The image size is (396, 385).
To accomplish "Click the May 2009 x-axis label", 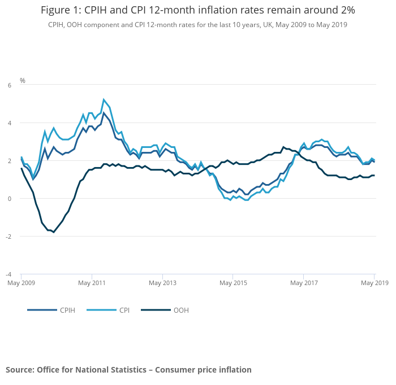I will point(21,282).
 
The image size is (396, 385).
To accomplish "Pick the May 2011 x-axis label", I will point(92,282).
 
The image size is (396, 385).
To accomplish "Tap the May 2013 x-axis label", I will point(162,282).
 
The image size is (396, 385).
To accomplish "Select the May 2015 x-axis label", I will point(233,282).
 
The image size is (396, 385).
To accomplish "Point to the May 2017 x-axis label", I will point(304,282).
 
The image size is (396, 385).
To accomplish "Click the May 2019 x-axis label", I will point(375,282).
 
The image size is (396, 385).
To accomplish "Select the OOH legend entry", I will point(181,310).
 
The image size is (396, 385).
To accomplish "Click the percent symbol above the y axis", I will point(23,81).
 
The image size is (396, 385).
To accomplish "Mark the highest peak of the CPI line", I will point(104,100).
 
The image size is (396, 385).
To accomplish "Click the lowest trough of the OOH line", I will point(54,232).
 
